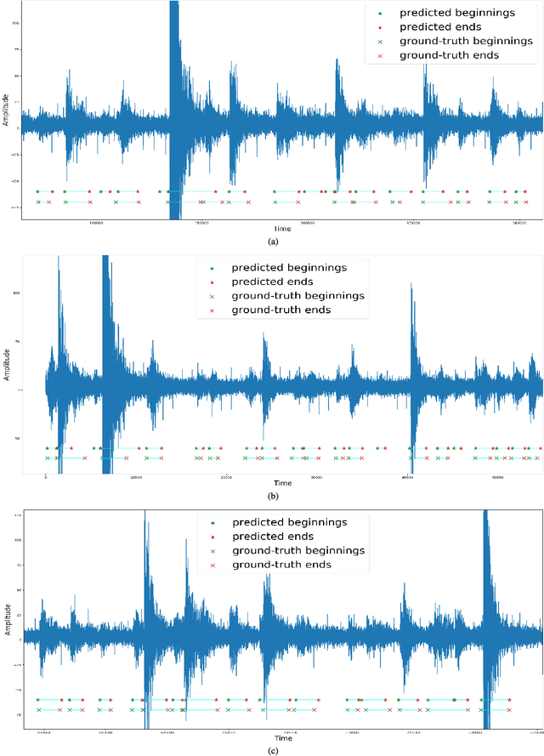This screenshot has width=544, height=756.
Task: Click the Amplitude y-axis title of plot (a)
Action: tap(7, 111)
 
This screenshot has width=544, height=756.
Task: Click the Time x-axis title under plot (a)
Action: tap(281, 230)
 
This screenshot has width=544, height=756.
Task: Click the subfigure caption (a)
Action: tap(273, 242)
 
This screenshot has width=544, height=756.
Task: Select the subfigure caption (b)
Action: tap(273, 496)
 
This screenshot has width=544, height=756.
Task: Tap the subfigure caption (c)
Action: tap(273, 750)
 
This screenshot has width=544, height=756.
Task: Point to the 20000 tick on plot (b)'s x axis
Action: tap(226, 478)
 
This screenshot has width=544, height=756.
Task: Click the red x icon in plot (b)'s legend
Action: tap(212, 310)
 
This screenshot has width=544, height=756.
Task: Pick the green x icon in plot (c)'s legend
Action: tap(212, 551)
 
